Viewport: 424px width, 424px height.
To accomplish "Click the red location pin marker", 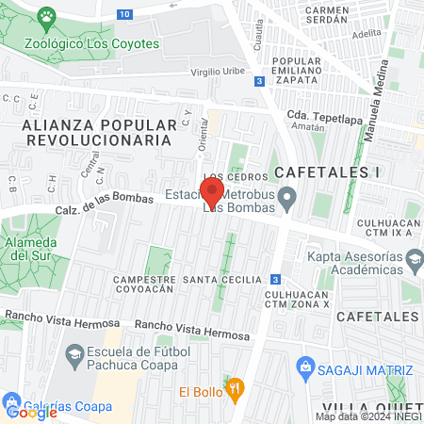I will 212,192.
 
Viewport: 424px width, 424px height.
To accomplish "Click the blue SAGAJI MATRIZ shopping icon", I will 304,365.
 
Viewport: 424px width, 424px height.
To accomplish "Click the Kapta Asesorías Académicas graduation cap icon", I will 413,257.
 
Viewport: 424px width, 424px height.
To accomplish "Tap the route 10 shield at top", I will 125,14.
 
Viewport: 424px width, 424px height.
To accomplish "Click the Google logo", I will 31,412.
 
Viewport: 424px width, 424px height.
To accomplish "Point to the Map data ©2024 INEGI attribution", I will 368,416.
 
